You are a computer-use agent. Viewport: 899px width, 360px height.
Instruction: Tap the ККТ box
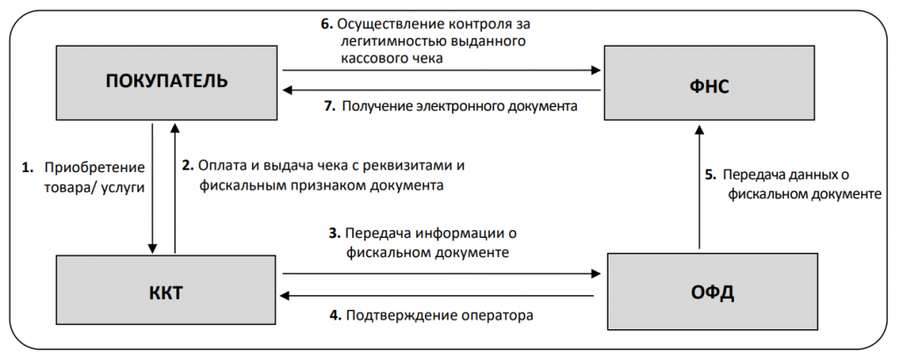167,292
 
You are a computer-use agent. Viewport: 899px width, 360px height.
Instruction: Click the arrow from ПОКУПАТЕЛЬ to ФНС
439,69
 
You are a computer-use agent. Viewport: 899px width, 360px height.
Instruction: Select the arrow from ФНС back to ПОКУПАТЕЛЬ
439,90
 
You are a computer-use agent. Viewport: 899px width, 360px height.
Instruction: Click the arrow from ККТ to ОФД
439,273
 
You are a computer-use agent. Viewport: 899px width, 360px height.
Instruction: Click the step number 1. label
27,166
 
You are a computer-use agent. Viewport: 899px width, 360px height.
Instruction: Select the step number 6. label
326,24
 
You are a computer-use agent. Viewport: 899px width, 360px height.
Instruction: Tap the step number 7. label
330,107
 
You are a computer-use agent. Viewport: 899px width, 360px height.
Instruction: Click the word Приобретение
95,166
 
